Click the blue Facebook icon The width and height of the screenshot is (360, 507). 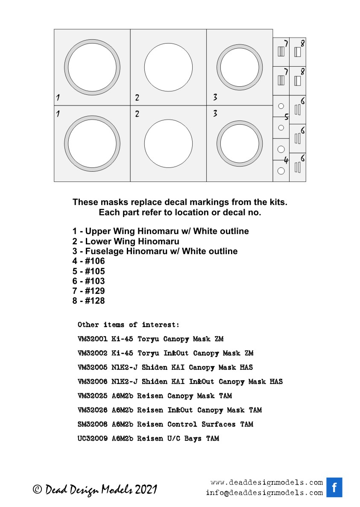tap(334, 487)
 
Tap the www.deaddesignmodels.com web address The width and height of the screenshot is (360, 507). tap(266, 483)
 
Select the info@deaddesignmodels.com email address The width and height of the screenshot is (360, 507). tap(264, 492)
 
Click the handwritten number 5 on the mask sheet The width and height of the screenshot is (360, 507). tap(287, 116)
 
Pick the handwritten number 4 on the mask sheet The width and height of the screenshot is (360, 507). tap(286, 161)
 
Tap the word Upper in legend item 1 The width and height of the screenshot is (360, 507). tap(97, 231)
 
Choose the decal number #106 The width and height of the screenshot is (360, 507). tap(95, 261)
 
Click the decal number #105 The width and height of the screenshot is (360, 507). tap(95, 271)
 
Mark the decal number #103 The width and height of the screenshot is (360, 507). tap(95, 281)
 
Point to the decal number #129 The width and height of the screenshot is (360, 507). tap(95, 291)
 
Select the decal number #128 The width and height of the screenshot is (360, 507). tap(95, 301)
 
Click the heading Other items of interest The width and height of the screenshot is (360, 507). tap(129, 325)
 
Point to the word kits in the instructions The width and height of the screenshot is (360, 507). tap(278, 202)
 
